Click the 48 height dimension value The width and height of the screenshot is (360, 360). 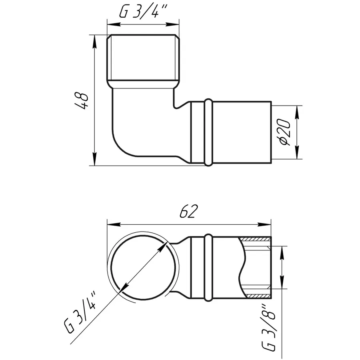(82, 101)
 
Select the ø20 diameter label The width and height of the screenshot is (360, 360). (284, 132)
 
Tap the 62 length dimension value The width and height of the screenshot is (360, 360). (188, 211)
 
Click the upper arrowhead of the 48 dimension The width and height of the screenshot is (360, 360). (94, 42)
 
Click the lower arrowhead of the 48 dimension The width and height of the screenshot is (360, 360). (94, 159)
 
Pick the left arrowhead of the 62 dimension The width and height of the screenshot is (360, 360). (114, 224)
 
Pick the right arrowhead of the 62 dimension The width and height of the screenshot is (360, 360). (264, 224)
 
